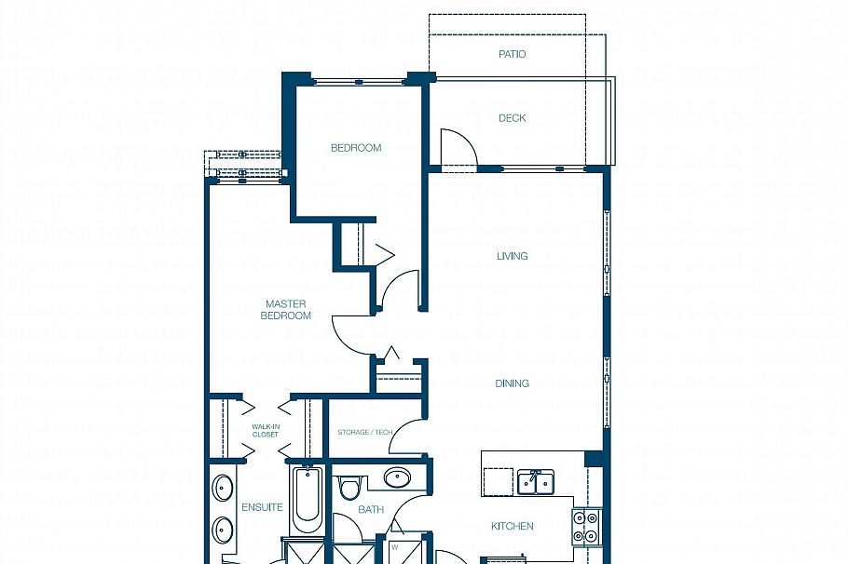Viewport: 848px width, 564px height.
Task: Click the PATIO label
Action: (512, 54)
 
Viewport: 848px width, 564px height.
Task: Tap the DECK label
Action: (512, 118)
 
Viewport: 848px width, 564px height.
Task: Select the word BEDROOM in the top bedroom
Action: (356, 148)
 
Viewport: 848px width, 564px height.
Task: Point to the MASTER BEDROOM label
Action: (286, 310)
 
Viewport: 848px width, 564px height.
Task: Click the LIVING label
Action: (512, 256)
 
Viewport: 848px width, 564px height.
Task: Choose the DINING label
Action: (512, 383)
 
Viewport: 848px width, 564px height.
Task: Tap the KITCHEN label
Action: (512, 527)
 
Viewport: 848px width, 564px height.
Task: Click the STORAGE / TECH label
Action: (364, 433)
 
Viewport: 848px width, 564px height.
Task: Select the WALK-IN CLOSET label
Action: (266, 431)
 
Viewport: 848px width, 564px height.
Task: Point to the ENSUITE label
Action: (262, 507)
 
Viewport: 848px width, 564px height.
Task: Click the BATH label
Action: (371, 509)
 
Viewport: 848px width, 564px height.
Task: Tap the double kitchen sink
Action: (535, 481)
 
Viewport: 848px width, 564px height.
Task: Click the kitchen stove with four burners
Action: (586, 527)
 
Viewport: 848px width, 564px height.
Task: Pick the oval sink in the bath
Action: (398, 478)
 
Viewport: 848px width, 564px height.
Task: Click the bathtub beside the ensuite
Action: (305, 499)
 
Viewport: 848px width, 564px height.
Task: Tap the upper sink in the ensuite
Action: (223, 489)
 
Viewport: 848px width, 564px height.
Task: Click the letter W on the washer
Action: (395, 547)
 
